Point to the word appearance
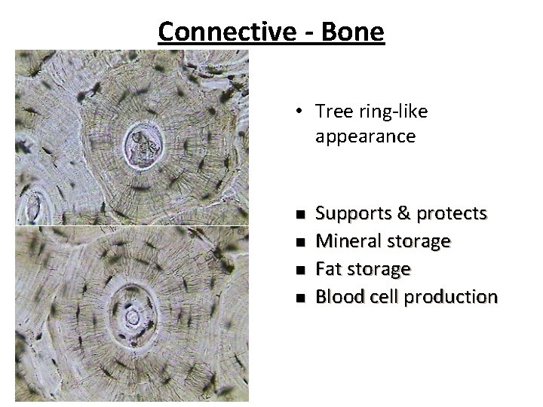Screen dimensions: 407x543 click(x=366, y=136)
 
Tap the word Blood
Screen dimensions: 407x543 click(x=336, y=296)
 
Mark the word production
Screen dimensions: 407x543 click(x=451, y=296)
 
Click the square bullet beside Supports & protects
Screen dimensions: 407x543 click(x=300, y=215)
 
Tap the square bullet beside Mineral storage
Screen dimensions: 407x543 click(x=300, y=242)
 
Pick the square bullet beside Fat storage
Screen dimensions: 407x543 click(x=300, y=269)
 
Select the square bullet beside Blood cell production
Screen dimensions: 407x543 click(x=300, y=297)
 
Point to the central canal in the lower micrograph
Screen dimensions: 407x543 click(x=132, y=317)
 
